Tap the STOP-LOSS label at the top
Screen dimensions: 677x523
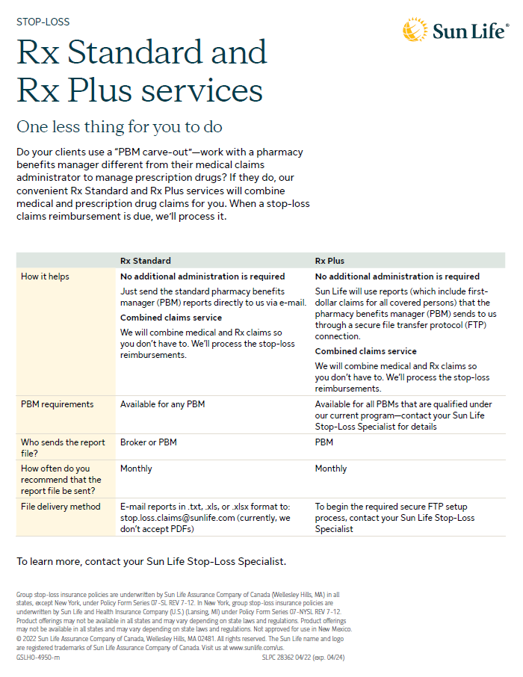click(x=43, y=22)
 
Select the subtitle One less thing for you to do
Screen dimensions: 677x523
click(x=120, y=126)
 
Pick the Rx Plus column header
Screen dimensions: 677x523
click(x=329, y=261)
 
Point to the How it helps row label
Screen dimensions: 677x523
click(x=45, y=276)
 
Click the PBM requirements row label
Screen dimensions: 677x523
click(x=58, y=404)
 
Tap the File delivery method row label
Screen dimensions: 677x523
click(x=61, y=507)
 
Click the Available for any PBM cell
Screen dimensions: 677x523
click(x=162, y=404)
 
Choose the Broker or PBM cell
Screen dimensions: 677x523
click(x=148, y=442)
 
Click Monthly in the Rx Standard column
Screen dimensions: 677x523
click(x=136, y=469)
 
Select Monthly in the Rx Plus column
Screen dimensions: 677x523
click(x=331, y=469)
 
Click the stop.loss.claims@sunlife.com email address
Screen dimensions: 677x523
click(x=188, y=517)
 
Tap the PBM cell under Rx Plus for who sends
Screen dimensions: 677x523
click(x=324, y=442)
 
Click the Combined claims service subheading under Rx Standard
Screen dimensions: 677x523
click(x=171, y=318)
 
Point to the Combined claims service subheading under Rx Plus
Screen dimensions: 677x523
click(x=365, y=351)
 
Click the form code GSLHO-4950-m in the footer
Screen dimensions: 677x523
click(x=38, y=658)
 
